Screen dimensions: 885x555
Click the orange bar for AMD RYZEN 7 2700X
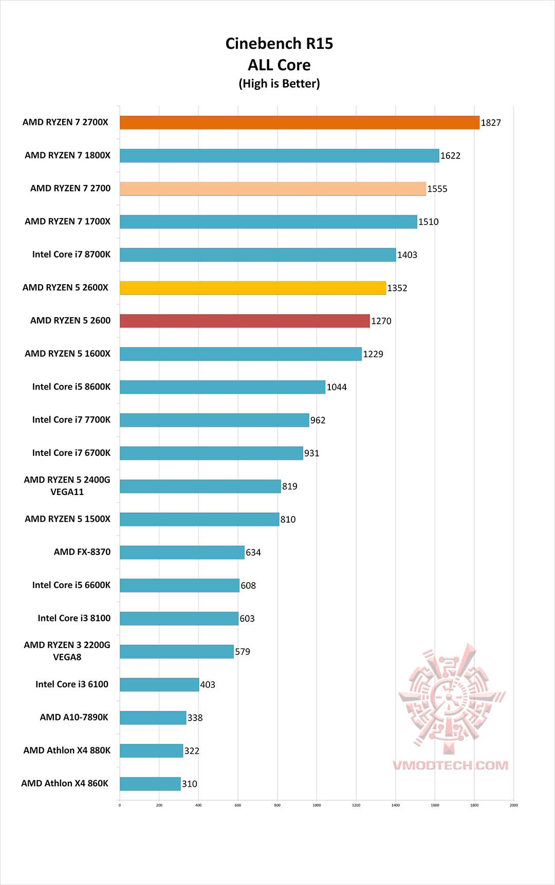click(299, 122)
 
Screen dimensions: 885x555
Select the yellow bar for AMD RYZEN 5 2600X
click(252, 288)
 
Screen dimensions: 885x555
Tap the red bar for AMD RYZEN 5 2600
click(245, 321)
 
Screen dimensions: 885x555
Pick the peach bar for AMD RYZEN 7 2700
click(272, 189)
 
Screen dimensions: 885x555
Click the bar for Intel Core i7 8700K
click(257, 255)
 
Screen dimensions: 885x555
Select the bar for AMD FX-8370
click(182, 552)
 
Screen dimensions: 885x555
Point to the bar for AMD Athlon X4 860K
click(150, 784)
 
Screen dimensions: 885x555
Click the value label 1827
click(491, 123)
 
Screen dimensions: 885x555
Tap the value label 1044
click(337, 387)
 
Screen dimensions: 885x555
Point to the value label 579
click(243, 652)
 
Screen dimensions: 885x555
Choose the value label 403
click(208, 685)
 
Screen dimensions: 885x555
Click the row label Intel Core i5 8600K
click(71, 386)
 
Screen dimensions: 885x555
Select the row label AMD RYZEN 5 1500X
click(68, 519)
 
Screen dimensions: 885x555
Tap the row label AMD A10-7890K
click(74, 717)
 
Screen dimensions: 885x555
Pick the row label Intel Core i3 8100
click(74, 618)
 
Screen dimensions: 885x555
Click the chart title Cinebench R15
click(279, 44)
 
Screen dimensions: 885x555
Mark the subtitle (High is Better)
click(279, 84)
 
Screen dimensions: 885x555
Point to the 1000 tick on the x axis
click(317, 805)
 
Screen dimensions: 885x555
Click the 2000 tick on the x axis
click(513, 805)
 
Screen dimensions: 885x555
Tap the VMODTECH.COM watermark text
click(451, 765)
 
